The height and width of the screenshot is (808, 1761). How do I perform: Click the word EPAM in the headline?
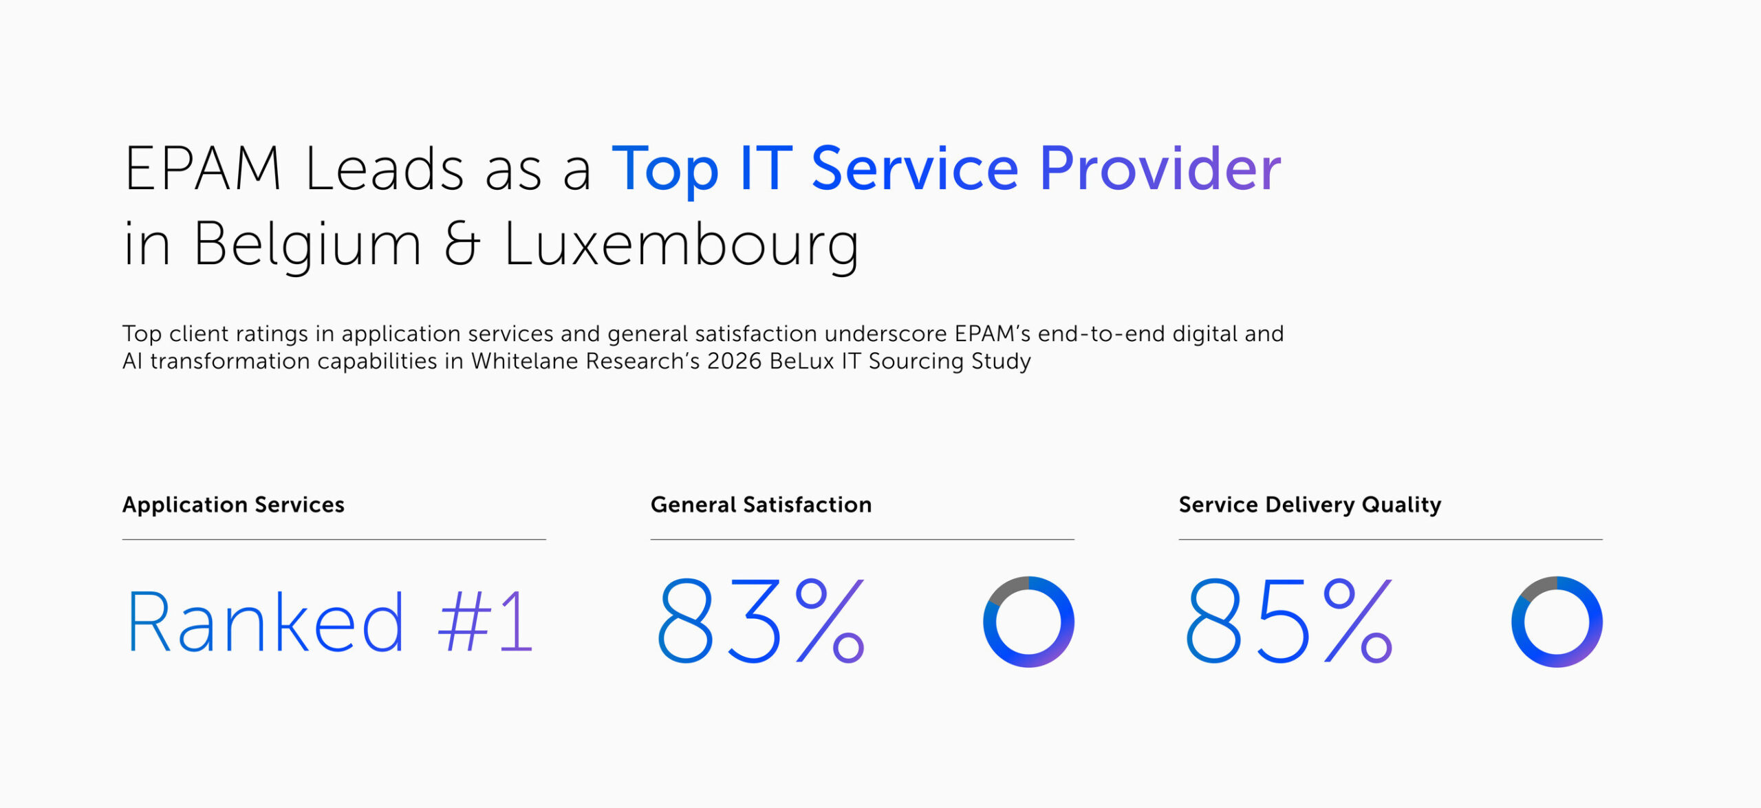pos(202,169)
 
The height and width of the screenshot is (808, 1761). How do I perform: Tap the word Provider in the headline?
pos(1160,169)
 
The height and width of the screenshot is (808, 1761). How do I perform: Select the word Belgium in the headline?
pos(307,245)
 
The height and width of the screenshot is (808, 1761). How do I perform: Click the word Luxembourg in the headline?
pos(681,245)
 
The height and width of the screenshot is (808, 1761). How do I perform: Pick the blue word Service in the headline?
pos(914,169)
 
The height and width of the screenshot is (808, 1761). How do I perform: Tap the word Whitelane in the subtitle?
pos(526,361)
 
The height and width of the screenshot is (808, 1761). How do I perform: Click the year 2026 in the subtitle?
pos(734,361)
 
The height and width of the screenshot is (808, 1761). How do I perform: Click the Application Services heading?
pos(233,505)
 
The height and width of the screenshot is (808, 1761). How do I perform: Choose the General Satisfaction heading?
pos(761,505)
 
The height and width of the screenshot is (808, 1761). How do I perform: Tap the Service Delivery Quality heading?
pos(1310,505)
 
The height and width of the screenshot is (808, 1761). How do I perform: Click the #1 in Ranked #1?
pos(486,622)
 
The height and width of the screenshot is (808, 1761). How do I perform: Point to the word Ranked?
pos(266,622)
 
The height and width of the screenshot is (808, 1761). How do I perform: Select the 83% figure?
pos(761,621)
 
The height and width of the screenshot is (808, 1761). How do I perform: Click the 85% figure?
pos(1289,621)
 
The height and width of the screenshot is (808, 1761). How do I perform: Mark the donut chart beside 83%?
pos(1028,622)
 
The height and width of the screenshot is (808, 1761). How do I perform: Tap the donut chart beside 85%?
pos(1557,622)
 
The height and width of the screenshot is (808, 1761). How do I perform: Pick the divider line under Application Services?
pos(334,540)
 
